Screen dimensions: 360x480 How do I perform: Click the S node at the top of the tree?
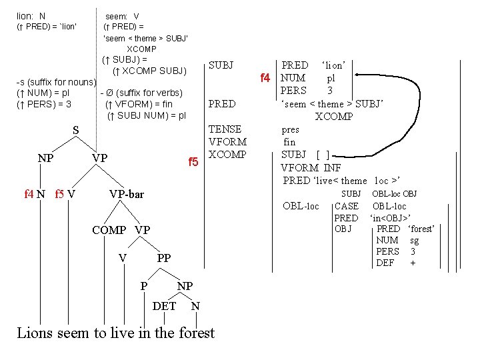tap(75, 130)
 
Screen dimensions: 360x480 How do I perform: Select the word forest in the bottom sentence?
tap(197, 333)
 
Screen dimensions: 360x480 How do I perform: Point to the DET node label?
tap(165, 306)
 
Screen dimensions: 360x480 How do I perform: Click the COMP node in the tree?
tap(109, 230)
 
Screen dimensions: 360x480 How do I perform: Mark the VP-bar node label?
tap(126, 194)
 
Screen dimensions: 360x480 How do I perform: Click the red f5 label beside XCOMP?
tap(193, 162)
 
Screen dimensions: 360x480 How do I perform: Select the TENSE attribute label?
tap(225, 129)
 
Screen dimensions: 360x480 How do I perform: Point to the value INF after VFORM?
tap(333, 167)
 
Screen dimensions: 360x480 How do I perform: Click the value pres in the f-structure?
tap(291, 130)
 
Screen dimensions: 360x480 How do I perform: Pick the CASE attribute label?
tap(346, 206)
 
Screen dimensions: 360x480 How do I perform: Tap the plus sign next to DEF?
tap(413, 263)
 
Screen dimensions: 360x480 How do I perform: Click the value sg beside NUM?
tap(414, 240)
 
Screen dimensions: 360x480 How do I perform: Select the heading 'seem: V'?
tap(122, 16)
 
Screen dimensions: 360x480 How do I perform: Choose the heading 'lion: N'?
tap(31, 15)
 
